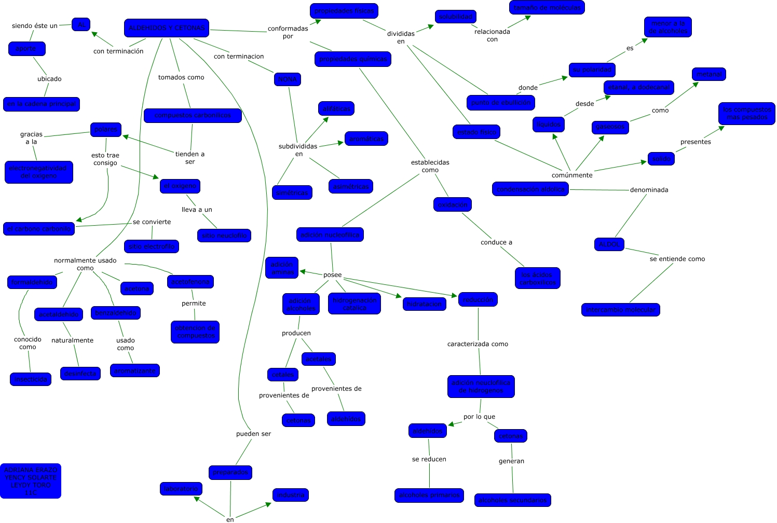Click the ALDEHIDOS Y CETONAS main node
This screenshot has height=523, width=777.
coord(167,28)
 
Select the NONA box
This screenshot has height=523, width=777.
coord(288,79)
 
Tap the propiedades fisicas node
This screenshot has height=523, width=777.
coord(344,11)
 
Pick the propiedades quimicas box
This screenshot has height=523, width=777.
coord(353,59)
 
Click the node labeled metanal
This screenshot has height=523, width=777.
coord(709,74)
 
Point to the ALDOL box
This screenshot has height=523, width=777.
coord(609,244)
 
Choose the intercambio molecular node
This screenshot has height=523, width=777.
coord(621,310)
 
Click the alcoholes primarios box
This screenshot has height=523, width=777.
coord(429,496)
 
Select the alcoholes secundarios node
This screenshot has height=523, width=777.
coord(513,500)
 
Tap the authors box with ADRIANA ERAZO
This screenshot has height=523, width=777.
coord(31,481)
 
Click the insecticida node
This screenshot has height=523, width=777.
coord(31,379)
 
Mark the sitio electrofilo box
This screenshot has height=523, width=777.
coord(152,246)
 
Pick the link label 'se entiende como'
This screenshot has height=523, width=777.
coord(677,259)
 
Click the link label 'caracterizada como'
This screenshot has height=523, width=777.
coord(478,344)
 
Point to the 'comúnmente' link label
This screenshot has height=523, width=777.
coord(572,175)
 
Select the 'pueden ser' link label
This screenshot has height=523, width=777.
coord(253,434)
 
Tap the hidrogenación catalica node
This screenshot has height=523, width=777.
coord(355,304)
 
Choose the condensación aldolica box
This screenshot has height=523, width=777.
coord(530,189)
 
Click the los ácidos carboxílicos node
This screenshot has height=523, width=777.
coord(538,279)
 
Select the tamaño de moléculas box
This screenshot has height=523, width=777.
coord(547,8)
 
